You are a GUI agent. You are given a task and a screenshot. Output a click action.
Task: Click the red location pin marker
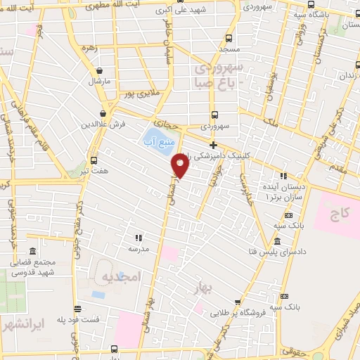pos(181,166)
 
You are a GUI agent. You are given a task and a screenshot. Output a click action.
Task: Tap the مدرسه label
pos(139,248)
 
